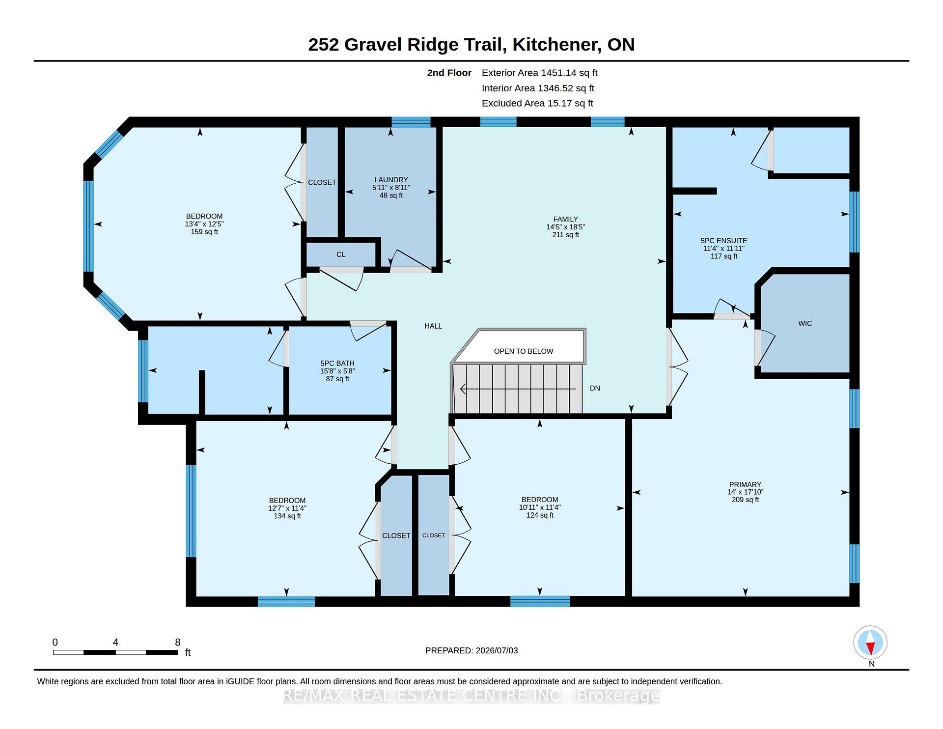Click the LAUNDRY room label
pyautogui.click(x=391, y=180)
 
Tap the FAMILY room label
pyautogui.click(x=565, y=219)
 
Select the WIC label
pyautogui.click(x=805, y=323)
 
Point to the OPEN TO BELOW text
pyautogui.click(x=524, y=351)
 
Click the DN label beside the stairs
pyautogui.click(x=595, y=388)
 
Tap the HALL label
pyautogui.click(x=433, y=326)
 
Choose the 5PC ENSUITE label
pyautogui.click(x=724, y=241)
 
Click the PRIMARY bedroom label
pyautogui.click(x=745, y=484)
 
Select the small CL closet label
pyautogui.click(x=341, y=254)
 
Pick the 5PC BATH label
pyautogui.click(x=337, y=364)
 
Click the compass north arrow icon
pyautogui.click(x=870, y=643)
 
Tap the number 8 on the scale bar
pyautogui.click(x=178, y=642)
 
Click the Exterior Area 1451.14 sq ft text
pyautogui.click(x=540, y=73)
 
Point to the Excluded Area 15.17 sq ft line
pyautogui.click(x=537, y=103)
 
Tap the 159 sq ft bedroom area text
pyautogui.click(x=204, y=232)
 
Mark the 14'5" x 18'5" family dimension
pyautogui.click(x=565, y=227)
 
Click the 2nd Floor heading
pyautogui.click(x=449, y=73)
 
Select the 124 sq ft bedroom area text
pyautogui.click(x=540, y=515)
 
